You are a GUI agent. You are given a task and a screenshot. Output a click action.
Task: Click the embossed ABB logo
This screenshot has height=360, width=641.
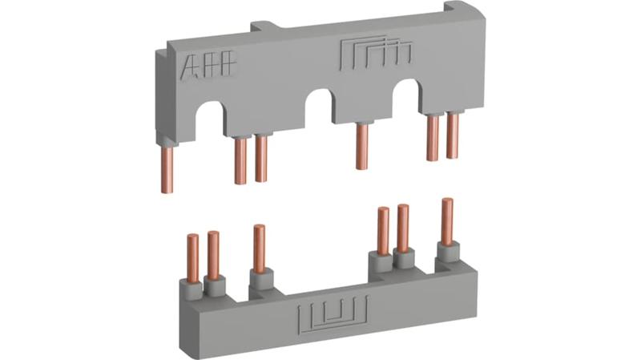(208, 65)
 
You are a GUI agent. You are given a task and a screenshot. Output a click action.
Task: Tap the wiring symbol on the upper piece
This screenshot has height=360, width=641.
(376, 51)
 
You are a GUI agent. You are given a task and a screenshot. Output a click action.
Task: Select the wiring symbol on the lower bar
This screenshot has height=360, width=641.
(333, 314)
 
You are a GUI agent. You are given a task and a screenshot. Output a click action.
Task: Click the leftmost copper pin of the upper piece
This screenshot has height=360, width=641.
(167, 169)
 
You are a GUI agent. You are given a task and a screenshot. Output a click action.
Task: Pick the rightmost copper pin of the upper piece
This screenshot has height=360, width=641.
(453, 136)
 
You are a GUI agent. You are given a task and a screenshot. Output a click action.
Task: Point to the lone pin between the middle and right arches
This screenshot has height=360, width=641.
(362, 146)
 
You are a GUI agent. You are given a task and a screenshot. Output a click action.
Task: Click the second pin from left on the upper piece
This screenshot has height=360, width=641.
(240, 161)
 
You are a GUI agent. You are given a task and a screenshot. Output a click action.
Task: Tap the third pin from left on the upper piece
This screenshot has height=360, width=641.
(261, 159)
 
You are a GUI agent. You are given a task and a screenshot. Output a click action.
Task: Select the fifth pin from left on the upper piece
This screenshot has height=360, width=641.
(433, 138)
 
